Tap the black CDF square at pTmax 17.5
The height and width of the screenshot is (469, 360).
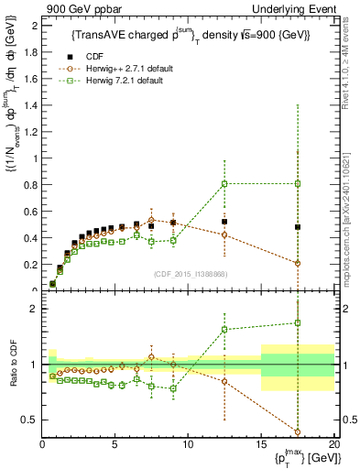tap(297, 226)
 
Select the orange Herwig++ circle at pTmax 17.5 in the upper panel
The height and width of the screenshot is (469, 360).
tap(297, 263)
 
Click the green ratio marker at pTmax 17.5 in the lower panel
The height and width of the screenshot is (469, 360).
tap(297, 322)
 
